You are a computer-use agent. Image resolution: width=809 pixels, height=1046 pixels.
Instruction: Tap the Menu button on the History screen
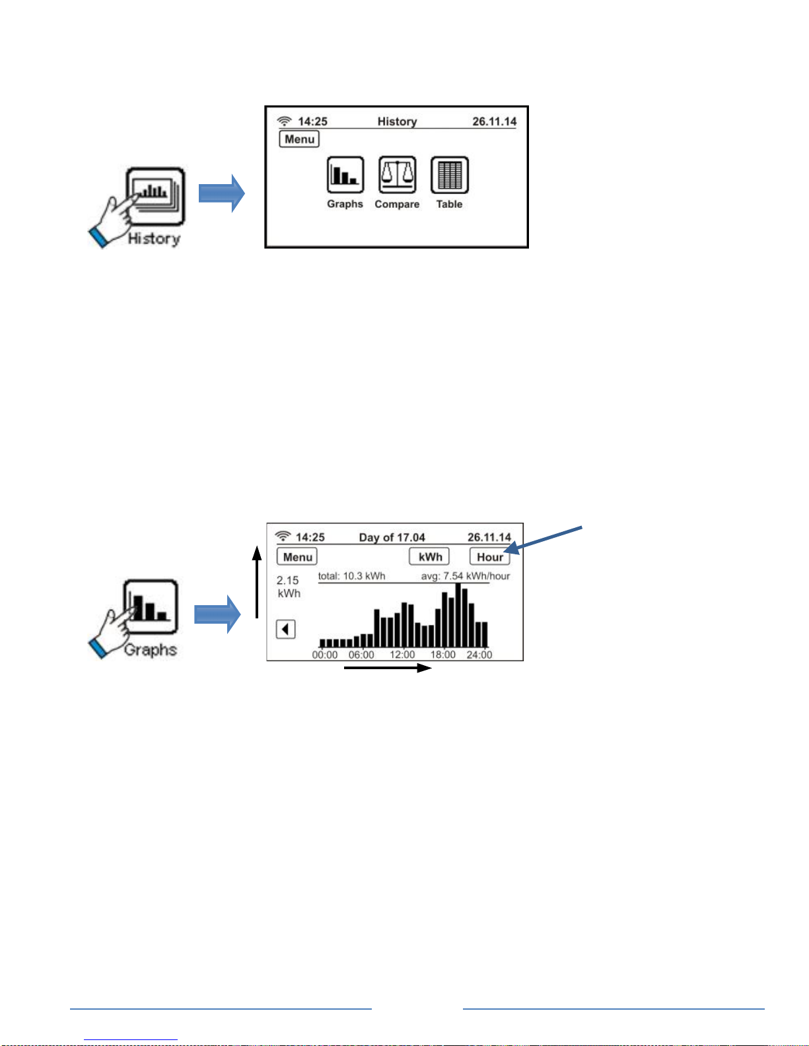click(299, 139)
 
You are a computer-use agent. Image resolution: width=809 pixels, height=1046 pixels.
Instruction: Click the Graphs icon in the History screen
click(345, 175)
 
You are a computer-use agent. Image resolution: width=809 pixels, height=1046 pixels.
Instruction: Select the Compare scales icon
click(398, 175)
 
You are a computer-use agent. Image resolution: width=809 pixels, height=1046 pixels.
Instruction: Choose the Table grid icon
click(449, 175)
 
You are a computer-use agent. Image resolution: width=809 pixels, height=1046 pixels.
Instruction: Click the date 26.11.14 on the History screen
click(494, 121)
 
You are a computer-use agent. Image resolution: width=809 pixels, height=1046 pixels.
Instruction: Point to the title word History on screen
click(398, 121)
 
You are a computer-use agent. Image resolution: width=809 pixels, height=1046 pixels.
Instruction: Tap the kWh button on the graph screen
click(429, 556)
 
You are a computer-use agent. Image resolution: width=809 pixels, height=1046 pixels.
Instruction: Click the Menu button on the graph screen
click(297, 556)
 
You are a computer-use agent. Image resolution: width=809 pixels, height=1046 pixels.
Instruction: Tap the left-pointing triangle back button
click(285, 629)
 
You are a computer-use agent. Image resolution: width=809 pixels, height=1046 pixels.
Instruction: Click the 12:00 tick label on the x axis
click(402, 655)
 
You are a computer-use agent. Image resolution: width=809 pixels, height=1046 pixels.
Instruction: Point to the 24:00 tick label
click(479, 655)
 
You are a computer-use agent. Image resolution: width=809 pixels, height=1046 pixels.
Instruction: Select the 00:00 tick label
click(324, 655)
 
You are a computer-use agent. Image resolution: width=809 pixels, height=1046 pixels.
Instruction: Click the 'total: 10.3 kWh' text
click(351, 575)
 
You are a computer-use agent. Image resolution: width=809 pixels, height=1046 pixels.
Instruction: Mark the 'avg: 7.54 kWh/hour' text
click(465, 575)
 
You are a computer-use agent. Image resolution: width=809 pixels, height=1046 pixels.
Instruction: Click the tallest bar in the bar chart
click(458, 615)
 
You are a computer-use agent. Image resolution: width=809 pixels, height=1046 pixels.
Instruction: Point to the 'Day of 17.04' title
click(392, 537)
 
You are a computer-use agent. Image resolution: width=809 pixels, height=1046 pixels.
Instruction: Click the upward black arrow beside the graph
click(257, 582)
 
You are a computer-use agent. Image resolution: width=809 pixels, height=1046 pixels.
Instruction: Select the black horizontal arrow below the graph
click(388, 668)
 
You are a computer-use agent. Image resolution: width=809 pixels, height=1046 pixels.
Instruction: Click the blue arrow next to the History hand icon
click(221, 193)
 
